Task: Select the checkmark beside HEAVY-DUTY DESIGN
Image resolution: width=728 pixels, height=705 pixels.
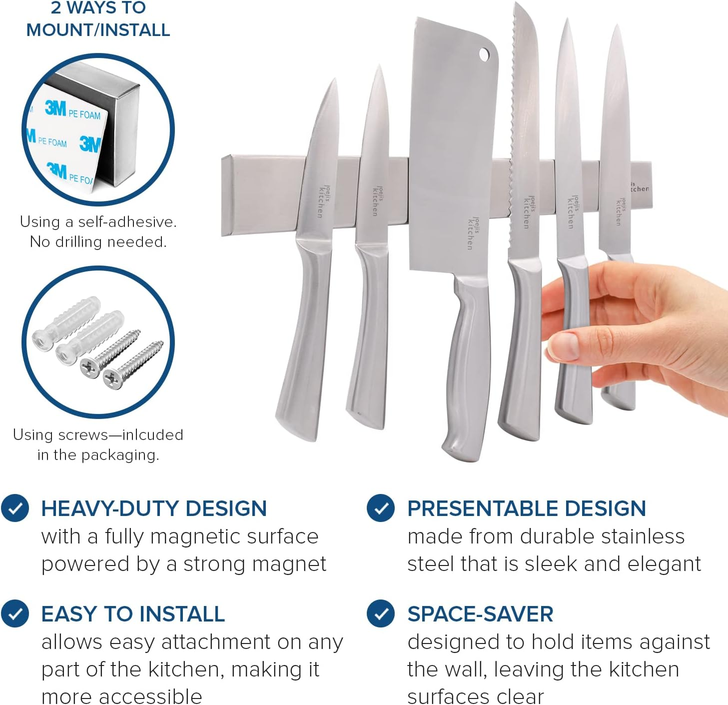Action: [x=15, y=508]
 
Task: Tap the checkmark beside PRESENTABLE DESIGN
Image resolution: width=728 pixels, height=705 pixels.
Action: [x=381, y=508]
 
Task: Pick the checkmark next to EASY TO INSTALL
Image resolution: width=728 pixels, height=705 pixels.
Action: [x=15, y=613]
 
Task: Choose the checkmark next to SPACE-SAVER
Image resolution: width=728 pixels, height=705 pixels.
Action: [x=381, y=613]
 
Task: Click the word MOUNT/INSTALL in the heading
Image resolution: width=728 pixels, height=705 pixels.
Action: [x=98, y=30]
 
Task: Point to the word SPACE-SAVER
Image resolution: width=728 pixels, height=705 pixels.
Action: [x=480, y=614]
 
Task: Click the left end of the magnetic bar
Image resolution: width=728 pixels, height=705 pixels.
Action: [x=227, y=195]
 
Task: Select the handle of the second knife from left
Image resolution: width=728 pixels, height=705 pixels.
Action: [x=370, y=340]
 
